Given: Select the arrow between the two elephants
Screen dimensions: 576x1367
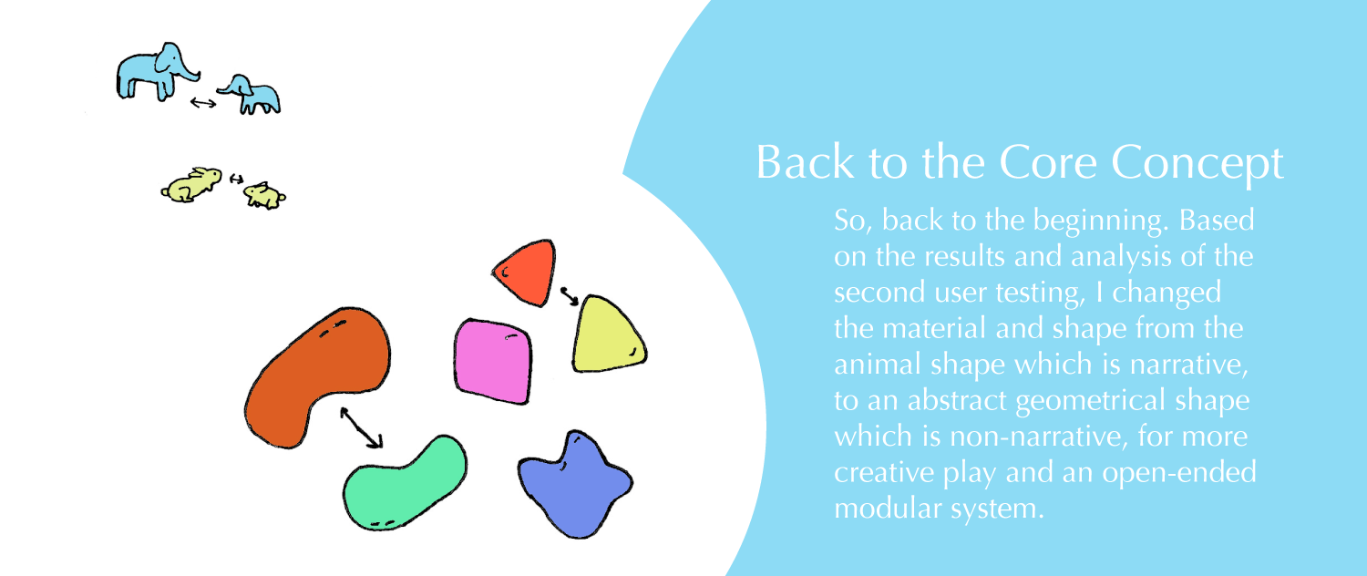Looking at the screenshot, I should (203, 102).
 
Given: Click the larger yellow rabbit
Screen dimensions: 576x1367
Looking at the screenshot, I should (191, 183).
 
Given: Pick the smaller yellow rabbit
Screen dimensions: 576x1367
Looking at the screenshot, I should (263, 194).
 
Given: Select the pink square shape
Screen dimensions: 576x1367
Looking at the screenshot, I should (493, 359).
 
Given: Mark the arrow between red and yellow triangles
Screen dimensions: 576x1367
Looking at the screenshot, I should (569, 295).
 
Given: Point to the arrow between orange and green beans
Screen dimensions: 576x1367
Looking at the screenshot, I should (361, 427).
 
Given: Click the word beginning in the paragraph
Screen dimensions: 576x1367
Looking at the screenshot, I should (1090, 222).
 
